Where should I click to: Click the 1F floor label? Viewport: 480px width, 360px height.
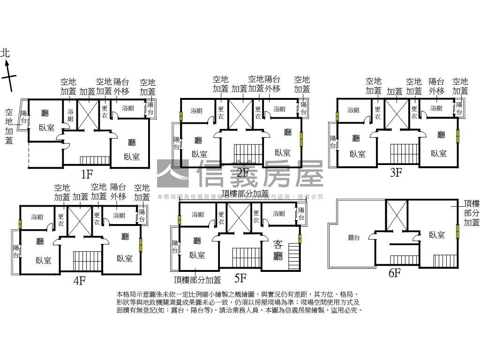click(87, 174)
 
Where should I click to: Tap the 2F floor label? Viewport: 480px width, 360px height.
click(242, 172)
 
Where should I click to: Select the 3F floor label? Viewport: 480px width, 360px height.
click(396, 172)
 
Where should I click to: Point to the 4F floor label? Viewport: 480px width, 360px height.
click(79, 281)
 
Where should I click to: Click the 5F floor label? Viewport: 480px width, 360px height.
click(240, 278)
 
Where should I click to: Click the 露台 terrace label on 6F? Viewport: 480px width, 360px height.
click(354, 238)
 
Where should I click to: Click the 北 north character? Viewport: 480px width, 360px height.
click(5, 53)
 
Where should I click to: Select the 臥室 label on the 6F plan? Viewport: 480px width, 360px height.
click(437, 235)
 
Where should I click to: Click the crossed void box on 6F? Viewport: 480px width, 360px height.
click(396, 215)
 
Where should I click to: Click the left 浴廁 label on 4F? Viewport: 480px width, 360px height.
click(37, 217)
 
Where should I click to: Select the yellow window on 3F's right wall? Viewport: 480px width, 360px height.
click(457, 136)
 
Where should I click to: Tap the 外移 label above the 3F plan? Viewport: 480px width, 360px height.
click(436, 90)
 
